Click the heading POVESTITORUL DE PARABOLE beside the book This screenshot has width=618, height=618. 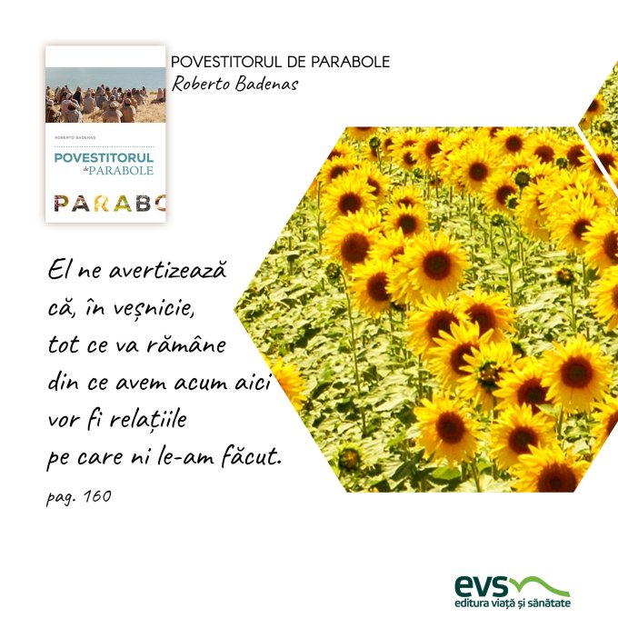tap(280, 62)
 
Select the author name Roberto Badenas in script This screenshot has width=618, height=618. tap(234, 84)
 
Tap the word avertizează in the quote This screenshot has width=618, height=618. tap(167, 270)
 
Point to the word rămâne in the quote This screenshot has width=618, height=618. tap(186, 344)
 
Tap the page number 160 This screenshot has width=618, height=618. tap(98, 496)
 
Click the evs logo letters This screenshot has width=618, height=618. tap(482, 585)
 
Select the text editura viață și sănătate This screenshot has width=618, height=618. tap(513, 603)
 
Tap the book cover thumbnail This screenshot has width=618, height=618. tap(105, 134)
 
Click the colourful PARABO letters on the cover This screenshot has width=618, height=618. tap(110, 203)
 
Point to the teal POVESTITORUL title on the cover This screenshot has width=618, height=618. tap(104, 157)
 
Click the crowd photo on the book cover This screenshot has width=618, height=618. tap(105, 95)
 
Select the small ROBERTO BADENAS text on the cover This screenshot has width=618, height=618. tap(75, 137)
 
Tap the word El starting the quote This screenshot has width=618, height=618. tap(58, 271)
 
